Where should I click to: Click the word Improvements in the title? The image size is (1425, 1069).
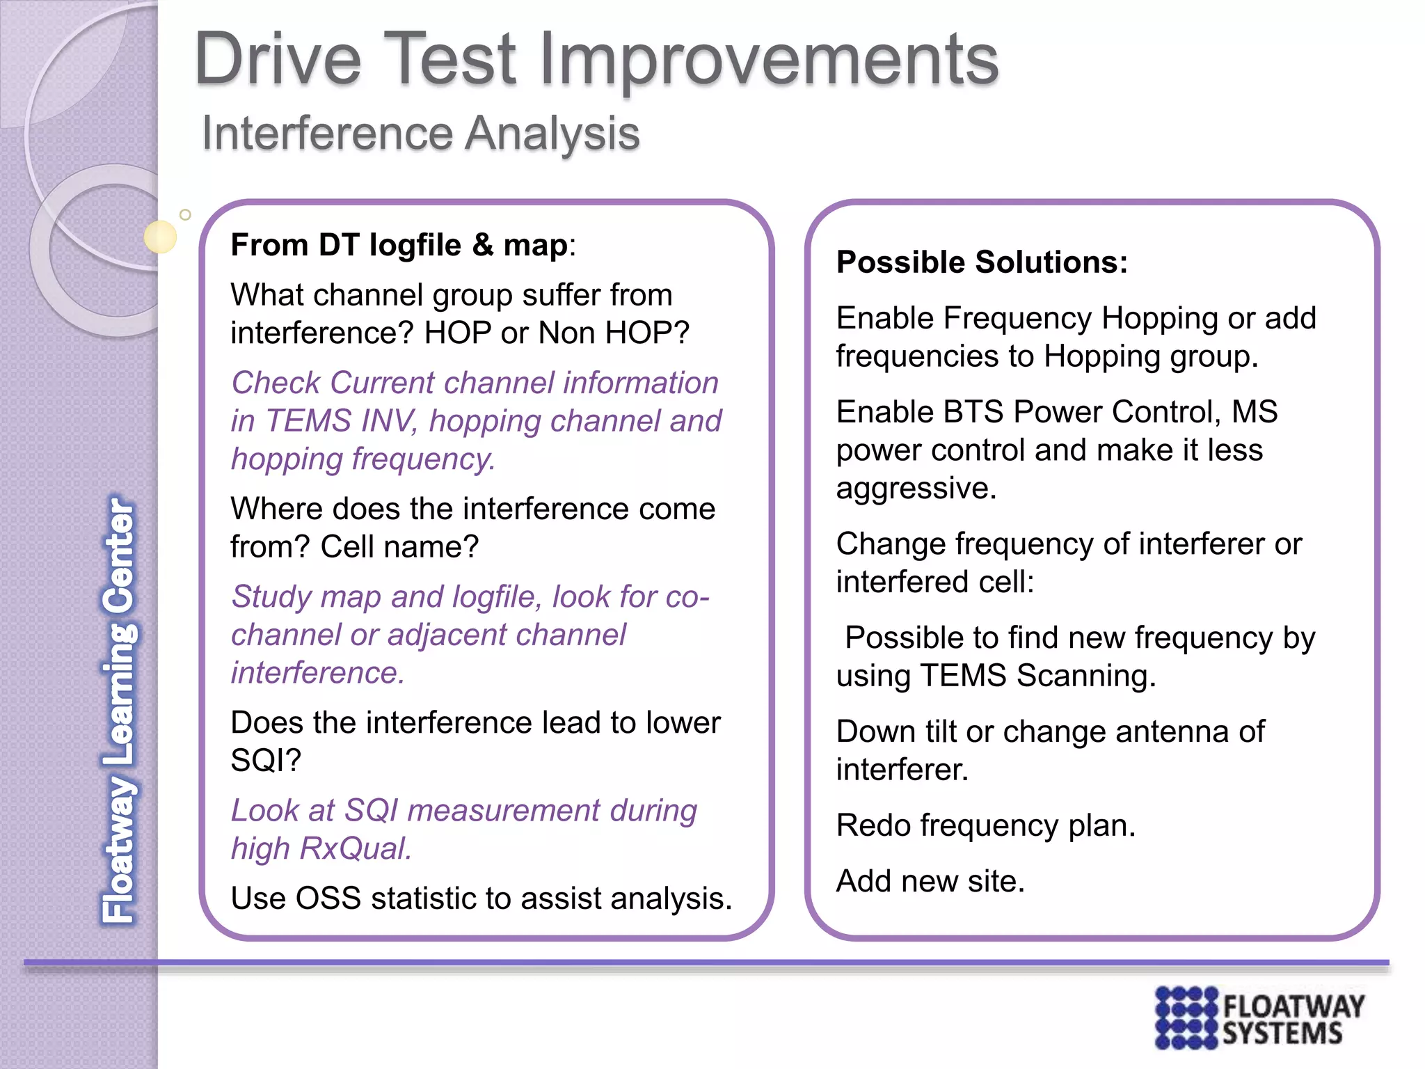(768, 61)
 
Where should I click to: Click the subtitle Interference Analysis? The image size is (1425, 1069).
(420, 134)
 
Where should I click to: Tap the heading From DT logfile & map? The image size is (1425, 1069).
(402, 246)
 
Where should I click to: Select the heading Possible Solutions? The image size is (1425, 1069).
(981, 263)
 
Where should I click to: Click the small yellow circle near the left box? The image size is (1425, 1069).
(161, 237)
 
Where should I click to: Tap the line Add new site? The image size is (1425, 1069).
(930, 882)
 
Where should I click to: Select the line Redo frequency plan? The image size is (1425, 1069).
(985, 826)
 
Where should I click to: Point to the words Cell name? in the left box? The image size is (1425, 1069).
(399, 548)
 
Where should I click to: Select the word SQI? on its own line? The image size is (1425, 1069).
(265, 761)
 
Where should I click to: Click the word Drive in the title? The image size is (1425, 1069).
(278, 61)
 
